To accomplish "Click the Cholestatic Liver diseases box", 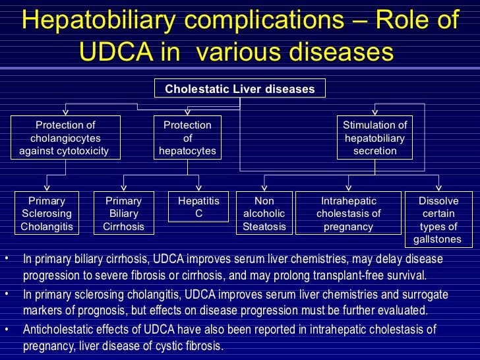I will click(240, 88).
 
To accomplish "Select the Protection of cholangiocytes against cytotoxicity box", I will click(65, 138).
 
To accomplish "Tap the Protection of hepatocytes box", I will click(188, 138).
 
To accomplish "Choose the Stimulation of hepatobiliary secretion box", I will click(375, 138).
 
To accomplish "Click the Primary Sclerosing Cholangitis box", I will click(47, 214).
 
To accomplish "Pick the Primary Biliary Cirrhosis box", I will click(123, 214).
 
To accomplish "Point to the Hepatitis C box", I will click(198, 207).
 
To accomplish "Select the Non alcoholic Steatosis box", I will click(264, 214).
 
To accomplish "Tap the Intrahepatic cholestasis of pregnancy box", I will click(349, 214).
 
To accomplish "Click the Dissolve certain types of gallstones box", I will click(440, 220).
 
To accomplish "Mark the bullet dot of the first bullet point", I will click(6, 258).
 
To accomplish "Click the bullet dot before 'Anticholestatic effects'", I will click(6, 328).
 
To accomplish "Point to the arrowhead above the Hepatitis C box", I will click(198, 187).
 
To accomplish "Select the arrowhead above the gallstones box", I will click(439, 187).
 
